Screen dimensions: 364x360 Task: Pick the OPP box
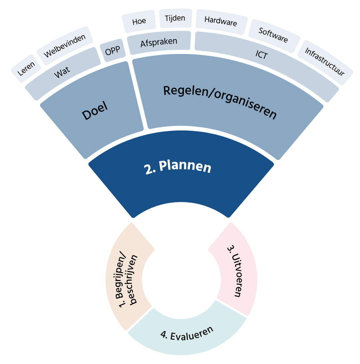coord(112,52)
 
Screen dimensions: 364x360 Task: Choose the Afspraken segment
coord(159,43)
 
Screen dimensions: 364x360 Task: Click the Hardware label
coord(221,21)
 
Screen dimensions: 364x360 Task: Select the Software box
coord(273,35)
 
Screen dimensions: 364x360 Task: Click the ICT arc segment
coord(262,55)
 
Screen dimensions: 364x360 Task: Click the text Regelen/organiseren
coord(220,102)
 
